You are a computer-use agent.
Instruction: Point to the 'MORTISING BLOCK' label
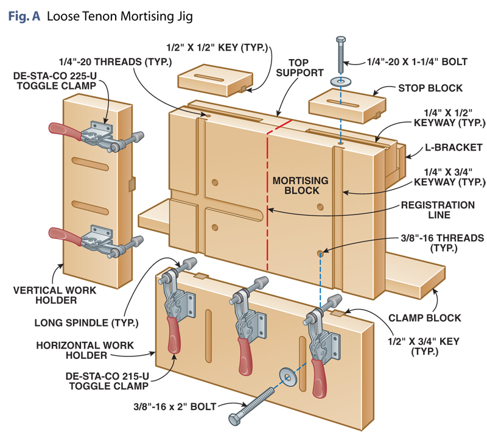(300, 186)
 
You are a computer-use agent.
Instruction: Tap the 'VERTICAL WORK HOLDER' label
(55, 296)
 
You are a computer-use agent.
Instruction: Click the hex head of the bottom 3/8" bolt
(236, 420)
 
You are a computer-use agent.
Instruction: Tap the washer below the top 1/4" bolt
(340, 80)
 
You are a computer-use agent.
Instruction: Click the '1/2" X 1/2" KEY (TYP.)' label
(215, 46)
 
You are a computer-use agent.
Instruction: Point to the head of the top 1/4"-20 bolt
(340, 40)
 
